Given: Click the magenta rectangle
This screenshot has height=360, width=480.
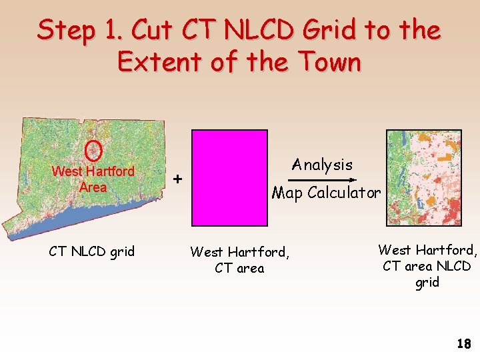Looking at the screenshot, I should (229, 179).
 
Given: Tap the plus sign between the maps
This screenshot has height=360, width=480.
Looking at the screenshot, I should (177, 179).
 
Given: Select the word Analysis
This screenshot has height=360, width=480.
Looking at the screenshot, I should (322, 164).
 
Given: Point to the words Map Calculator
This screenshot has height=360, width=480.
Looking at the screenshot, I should (326, 193).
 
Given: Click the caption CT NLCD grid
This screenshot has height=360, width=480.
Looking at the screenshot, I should (92, 251).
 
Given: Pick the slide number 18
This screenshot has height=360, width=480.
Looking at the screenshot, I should (463, 344).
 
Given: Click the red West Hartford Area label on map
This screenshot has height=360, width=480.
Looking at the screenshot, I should (93, 179).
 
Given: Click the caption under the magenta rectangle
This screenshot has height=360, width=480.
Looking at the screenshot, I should (239, 260).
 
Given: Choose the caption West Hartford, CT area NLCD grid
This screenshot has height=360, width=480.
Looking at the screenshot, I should (427, 265).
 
